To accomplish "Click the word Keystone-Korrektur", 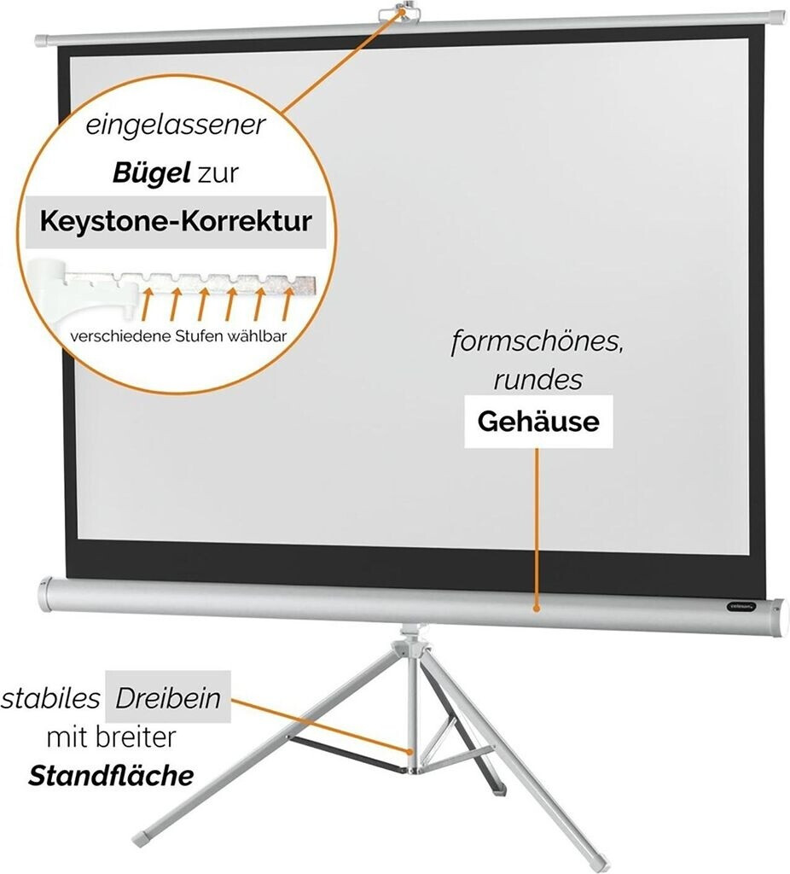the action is [175, 222].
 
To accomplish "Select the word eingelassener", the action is [176, 126].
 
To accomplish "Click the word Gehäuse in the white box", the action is [537, 421].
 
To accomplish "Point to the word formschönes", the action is [529, 344].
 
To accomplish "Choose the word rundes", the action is [537, 380].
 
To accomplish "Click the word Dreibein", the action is [167, 699].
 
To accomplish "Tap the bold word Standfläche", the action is [111, 776].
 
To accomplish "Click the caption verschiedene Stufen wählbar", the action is [178, 335].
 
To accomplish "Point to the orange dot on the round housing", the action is [536, 609].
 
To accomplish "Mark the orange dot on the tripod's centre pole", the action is [413, 752].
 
